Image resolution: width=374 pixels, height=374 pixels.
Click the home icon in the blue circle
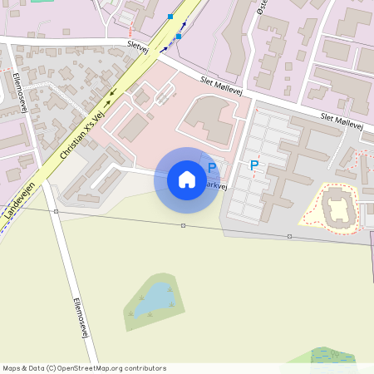pyautogui.click(x=187, y=180)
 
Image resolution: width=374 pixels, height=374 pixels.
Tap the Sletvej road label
pyautogui.click(x=137, y=48)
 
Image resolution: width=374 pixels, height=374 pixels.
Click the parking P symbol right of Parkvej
pyautogui.click(x=254, y=166)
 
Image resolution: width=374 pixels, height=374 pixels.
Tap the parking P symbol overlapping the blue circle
pyautogui.click(x=212, y=167)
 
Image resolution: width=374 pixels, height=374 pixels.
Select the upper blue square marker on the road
pyautogui.click(x=170, y=17)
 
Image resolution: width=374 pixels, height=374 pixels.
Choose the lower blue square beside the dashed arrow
pyautogui.click(x=178, y=37)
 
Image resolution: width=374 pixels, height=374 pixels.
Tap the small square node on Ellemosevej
pyautogui.click(x=56, y=212)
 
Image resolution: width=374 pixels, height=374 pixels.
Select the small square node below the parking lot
pyautogui.click(x=289, y=237)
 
